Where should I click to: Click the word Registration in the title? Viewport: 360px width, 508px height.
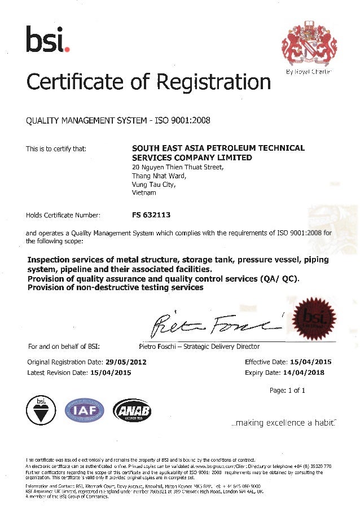pyautogui.click(x=214, y=82)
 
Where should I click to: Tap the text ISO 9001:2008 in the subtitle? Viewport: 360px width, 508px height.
pyautogui.click(x=187, y=120)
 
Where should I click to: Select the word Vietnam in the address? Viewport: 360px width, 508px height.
pyautogui.click(x=143, y=192)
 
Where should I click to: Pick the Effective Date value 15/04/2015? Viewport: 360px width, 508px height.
pyautogui.click(x=311, y=362)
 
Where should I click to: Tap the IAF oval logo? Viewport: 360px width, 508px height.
pyautogui.click(x=85, y=410)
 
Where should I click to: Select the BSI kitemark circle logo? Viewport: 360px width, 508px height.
pyautogui.click(x=41, y=410)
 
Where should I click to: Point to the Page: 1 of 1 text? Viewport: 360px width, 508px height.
pyautogui.click(x=287, y=390)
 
